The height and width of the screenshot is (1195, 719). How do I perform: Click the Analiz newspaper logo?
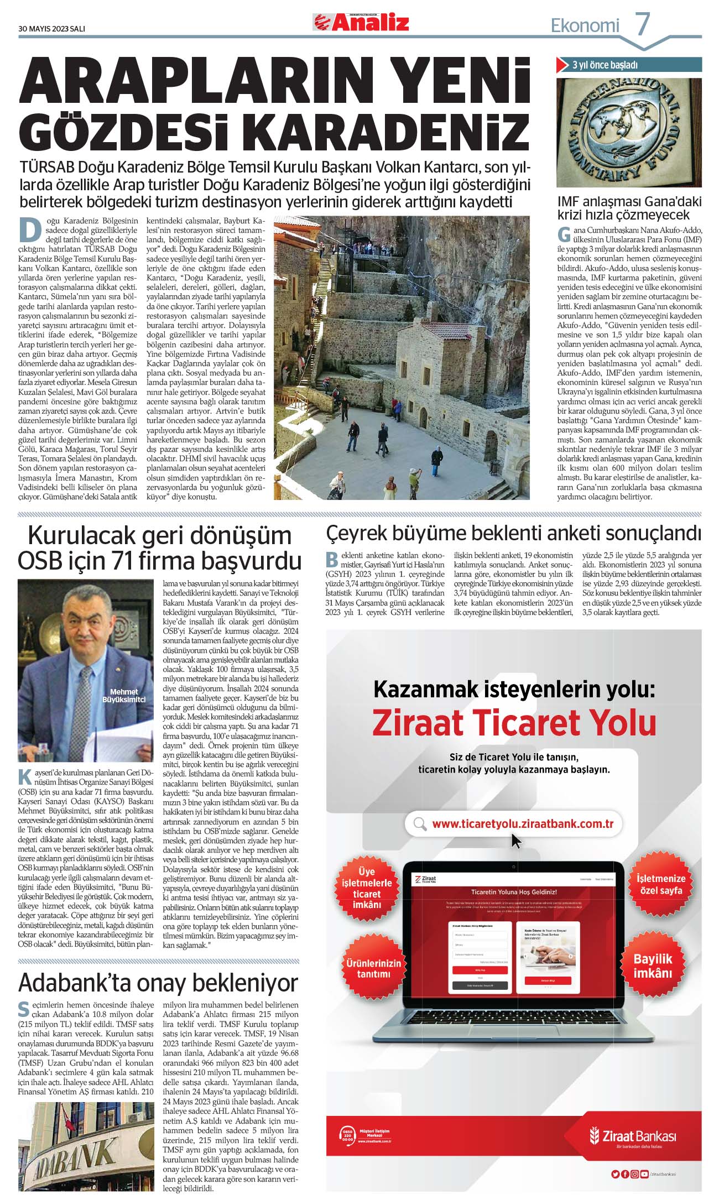click(x=362, y=22)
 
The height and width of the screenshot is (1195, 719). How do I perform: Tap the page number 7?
click(x=642, y=24)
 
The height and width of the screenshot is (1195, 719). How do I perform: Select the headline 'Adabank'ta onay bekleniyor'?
click(x=158, y=983)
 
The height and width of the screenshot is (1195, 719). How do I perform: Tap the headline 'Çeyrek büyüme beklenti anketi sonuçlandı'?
click(x=513, y=533)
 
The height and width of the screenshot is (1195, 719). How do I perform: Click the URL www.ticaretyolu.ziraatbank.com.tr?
click(x=522, y=823)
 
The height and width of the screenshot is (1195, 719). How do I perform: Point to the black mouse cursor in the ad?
click(x=515, y=842)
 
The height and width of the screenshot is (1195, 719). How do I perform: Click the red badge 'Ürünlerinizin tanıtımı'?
click(x=373, y=968)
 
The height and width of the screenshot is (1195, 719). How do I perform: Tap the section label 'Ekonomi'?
click(x=585, y=25)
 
